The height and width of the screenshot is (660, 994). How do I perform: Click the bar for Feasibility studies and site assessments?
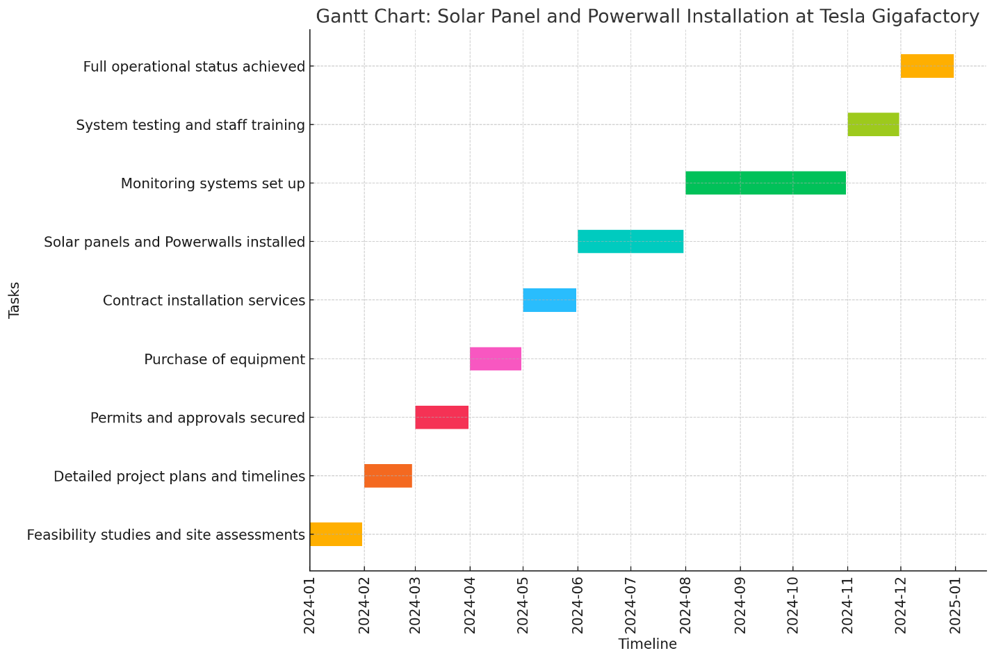click(336, 534)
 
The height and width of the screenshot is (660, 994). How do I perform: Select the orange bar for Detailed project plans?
click(388, 475)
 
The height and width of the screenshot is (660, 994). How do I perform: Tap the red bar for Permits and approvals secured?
click(441, 417)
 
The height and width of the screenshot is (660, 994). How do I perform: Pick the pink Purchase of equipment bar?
click(496, 358)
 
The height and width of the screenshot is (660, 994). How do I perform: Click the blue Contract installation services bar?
click(549, 300)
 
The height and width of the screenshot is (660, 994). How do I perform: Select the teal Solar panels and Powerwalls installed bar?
click(630, 241)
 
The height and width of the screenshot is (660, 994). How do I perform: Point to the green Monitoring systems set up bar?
click(765, 183)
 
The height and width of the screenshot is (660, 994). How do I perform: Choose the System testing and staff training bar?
click(873, 124)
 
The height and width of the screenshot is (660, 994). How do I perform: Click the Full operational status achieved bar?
click(927, 66)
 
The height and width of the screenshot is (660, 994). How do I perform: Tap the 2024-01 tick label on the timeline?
click(310, 603)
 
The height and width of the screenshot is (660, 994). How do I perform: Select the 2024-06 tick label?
click(577, 603)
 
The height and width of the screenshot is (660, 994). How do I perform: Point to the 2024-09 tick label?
click(740, 603)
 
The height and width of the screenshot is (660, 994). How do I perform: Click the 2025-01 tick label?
click(954, 603)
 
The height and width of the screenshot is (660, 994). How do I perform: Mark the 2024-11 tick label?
click(847, 603)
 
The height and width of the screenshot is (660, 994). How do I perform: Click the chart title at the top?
click(647, 17)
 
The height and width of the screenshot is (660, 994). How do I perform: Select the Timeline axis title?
click(647, 644)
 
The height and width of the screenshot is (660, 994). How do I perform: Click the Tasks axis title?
click(15, 300)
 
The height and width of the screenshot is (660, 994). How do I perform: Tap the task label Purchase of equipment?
click(225, 359)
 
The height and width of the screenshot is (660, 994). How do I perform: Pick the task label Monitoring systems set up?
click(213, 183)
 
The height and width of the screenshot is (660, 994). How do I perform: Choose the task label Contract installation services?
click(204, 301)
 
